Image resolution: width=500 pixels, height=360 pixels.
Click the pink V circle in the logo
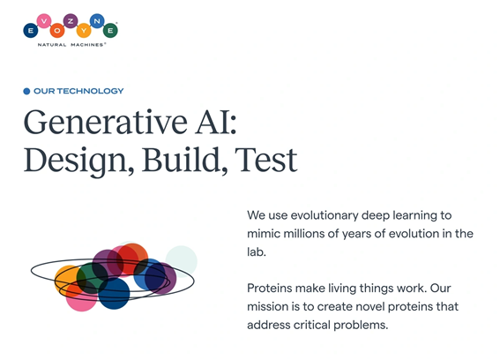44,21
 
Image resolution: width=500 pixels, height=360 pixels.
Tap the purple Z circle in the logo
71,21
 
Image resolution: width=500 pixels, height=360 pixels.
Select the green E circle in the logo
110,31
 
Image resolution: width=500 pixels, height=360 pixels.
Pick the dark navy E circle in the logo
31,31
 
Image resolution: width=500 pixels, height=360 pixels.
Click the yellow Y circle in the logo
84,31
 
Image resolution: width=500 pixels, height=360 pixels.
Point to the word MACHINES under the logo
87,45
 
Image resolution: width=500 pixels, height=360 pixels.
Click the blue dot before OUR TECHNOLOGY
26,91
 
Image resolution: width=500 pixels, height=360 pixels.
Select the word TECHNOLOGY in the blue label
90,91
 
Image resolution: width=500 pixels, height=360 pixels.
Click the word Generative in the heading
105,122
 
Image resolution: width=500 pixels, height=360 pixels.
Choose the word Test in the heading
266,160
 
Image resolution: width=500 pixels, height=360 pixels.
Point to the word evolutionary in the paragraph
325,216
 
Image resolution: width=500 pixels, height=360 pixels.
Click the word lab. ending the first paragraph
257,252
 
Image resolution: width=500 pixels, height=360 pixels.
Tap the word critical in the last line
311,325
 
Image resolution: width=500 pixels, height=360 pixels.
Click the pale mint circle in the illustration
181,261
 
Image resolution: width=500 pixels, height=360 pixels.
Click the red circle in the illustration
132,259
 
